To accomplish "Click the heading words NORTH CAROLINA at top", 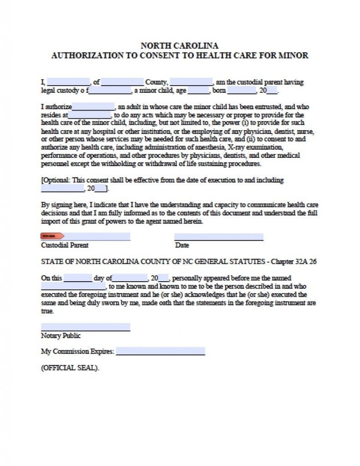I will (179, 46).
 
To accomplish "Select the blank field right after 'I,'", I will (68, 82).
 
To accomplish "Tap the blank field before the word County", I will (122, 82).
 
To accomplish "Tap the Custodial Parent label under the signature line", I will (65, 245).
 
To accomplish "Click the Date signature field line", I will (218, 237).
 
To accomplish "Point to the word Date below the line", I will (182, 245).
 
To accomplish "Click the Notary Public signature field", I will (86, 327).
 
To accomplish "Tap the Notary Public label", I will (61, 336).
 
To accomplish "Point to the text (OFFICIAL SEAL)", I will (70, 368).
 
